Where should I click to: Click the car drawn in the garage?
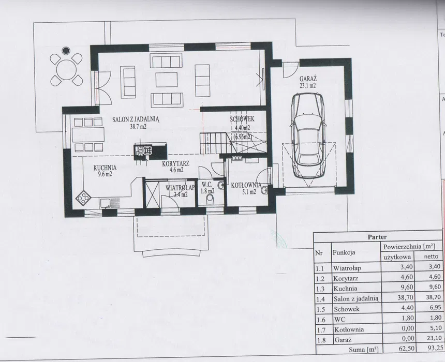(x=308, y=135)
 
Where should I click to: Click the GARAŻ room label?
(x=308, y=79)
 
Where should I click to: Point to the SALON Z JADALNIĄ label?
(x=136, y=119)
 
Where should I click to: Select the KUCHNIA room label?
(x=105, y=168)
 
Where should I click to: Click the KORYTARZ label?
(x=176, y=164)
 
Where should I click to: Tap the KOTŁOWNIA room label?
(x=246, y=186)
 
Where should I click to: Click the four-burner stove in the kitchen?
(x=83, y=197)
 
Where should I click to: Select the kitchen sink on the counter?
(x=110, y=203)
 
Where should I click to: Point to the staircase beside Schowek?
(x=216, y=144)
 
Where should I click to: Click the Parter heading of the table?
(x=377, y=237)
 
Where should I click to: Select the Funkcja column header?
(x=344, y=252)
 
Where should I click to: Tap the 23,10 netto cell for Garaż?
(x=434, y=338)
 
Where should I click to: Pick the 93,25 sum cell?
(x=434, y=348)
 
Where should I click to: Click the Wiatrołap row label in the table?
(x=347, y=268)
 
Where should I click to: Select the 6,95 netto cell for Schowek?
(x=436, y=307)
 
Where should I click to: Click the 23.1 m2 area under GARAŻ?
(x=308, y=85)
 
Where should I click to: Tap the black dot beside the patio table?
(x=66, y=51)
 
